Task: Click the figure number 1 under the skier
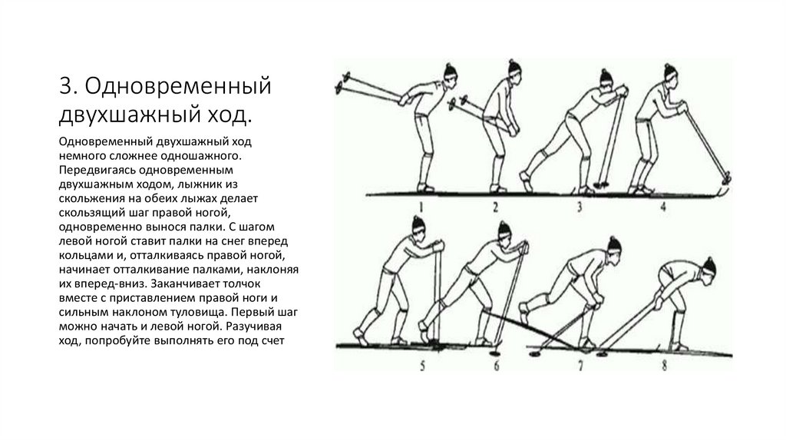pos(421,205)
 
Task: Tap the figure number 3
pos(580,206)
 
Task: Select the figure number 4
pos(662,205)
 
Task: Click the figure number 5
pos(401,366)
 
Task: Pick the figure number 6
pos(496,366)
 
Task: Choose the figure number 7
pos(580,366)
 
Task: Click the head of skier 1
pos(450,75)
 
